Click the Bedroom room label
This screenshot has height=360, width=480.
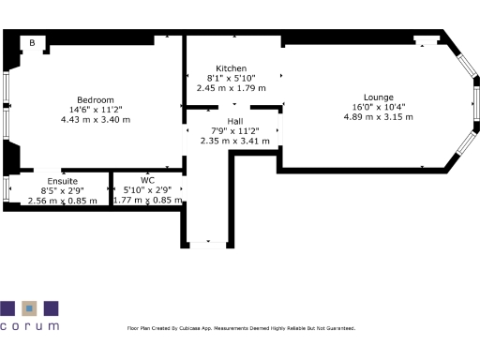point(96,100)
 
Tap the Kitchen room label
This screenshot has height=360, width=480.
point(232,69)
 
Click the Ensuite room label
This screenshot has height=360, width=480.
point(63,180)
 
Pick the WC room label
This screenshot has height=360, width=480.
point(147,180)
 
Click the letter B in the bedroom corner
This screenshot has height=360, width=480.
point(32,42)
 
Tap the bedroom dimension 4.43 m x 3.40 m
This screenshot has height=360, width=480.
point(96,120)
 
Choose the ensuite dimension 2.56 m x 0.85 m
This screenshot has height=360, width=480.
point(63,200)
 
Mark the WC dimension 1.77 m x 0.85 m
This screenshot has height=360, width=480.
point(147,200)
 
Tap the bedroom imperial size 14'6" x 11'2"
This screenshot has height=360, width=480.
point(96,110)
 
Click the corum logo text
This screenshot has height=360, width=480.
point(29,326)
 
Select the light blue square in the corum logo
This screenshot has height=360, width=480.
point(29,307)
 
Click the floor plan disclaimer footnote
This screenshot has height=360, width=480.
point(241,328)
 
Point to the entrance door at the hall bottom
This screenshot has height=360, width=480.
point(207,244)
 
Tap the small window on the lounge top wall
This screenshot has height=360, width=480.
point(427,42)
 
